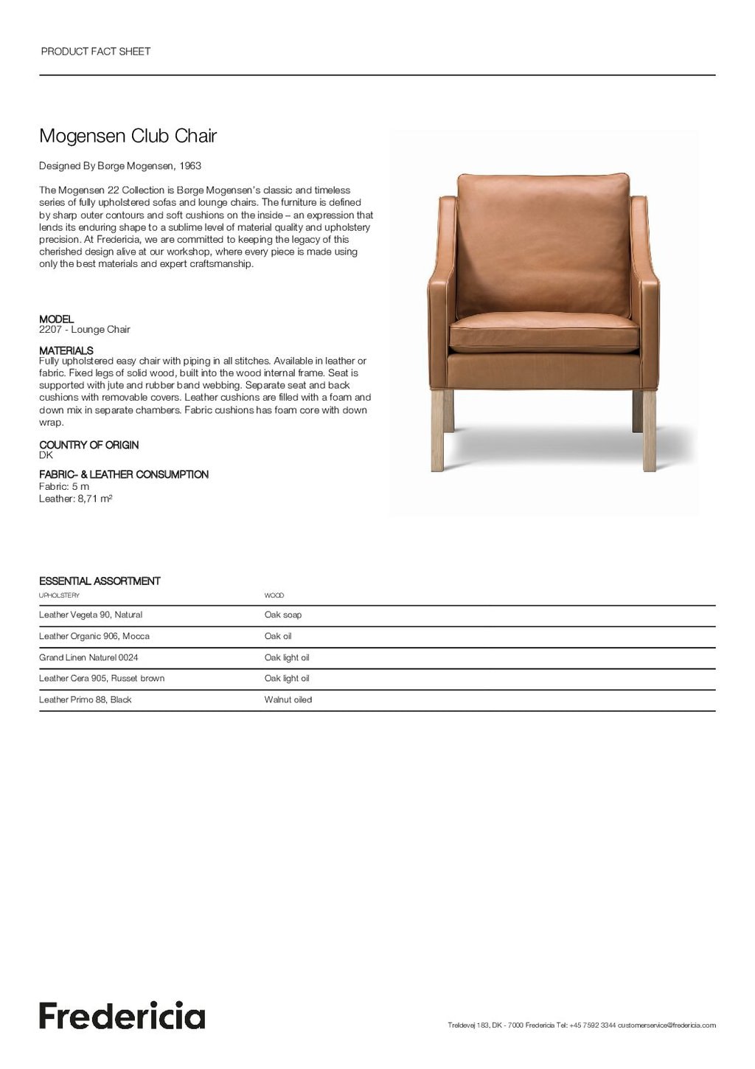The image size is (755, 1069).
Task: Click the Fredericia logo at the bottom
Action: pos(122,1015)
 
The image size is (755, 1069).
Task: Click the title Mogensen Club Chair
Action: pos(128,136)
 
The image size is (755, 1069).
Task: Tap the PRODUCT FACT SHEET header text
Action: pos(96,52)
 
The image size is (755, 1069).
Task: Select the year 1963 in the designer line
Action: pos(190,166)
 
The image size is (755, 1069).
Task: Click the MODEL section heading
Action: pos(56,319)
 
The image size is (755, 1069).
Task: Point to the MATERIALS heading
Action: pos(66,350)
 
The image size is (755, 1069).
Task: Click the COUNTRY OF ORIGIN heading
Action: pos(88,445)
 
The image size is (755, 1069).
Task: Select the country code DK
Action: pos(46,455)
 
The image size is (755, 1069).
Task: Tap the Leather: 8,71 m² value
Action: pos(75,499)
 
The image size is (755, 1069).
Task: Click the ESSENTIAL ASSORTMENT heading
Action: pos(100,581)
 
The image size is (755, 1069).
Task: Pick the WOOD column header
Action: pos(274,595)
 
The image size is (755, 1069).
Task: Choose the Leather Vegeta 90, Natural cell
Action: pos(91,615)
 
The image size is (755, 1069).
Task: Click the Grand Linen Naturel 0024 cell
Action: pos(88,657)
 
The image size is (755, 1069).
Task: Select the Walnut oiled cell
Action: pos(288,699)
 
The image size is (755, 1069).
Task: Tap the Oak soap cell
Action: pos(282,615)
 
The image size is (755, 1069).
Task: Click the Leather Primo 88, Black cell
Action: pos(85,699)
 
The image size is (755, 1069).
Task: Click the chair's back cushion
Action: pos(543,243)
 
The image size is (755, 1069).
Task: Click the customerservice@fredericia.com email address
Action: pos(667,1025)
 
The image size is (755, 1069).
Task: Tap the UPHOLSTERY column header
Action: pos(59,595)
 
